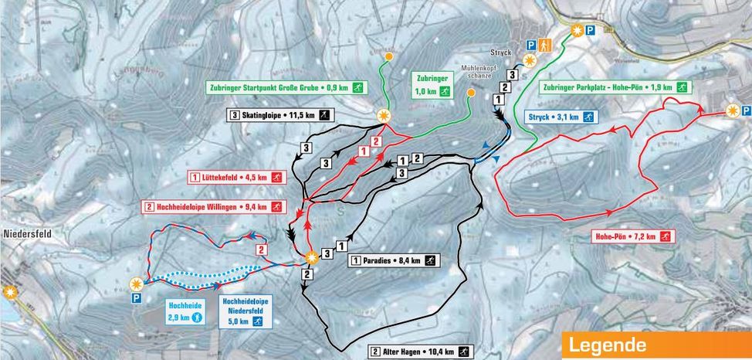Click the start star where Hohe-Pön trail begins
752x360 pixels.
(x=733, y=112)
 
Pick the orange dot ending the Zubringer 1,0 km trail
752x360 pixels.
(x=470, y=93)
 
